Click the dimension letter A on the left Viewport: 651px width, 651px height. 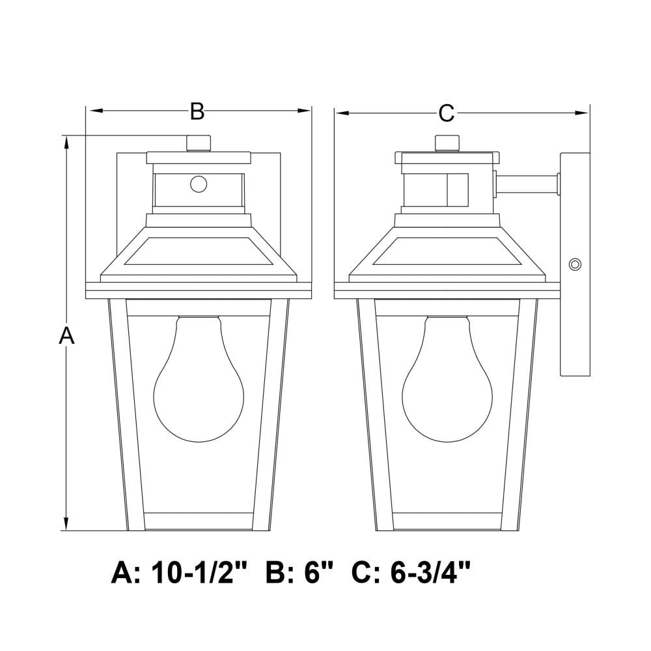tap(66, 335)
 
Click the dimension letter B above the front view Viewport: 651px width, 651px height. tap(197, 111)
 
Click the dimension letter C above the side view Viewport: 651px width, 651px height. tap(447, 113)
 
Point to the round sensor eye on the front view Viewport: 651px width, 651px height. tap(199, 184)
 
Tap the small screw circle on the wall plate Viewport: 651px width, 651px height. tap(575, 264)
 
